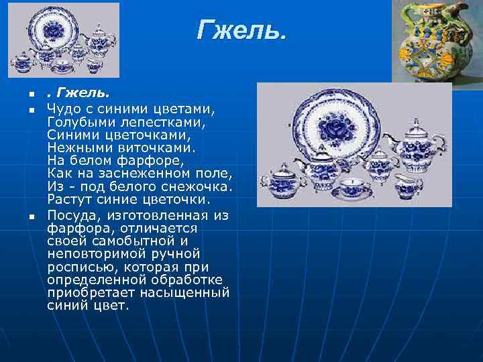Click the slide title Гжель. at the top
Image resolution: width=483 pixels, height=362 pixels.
(x=241, y=30)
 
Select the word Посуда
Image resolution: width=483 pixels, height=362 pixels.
(x=70, y=215)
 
